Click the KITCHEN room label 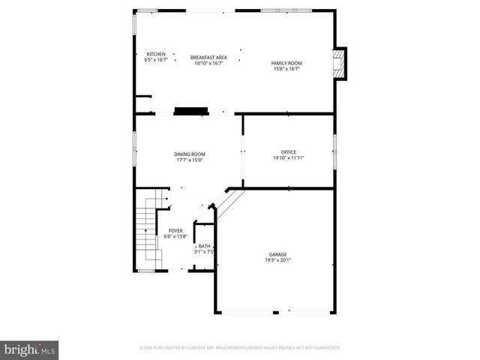tap(155, 54)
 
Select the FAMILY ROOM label tap(286, 63)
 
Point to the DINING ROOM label tap(190, 154)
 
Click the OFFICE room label tap(289, 152)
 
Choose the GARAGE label tap(277, 254)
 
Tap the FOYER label tap(175, 231)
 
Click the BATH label tap(205, 246)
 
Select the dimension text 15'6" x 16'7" tap(286, 69)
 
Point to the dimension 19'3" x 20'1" tap(277, 260)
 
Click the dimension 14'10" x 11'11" tap(289, 158)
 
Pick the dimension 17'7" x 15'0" tap(190, 160)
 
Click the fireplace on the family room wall tap(340, 63)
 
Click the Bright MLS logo tap(30, 349)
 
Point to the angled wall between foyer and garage tap(229, 203)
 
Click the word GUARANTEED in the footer tap(324, 348)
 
